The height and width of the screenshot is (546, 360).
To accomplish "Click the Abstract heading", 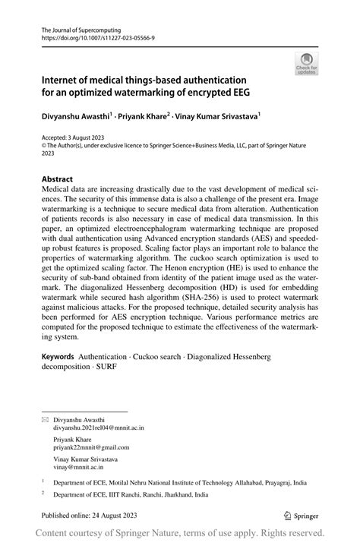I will tap(58, 181).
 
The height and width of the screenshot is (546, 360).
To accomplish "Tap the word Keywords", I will tap(58, 356).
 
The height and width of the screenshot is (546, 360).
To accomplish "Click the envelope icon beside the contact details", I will tap(45, 419).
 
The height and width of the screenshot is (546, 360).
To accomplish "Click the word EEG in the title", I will tap(245, 93).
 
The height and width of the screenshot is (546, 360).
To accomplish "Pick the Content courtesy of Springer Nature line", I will tap(179, 534).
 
